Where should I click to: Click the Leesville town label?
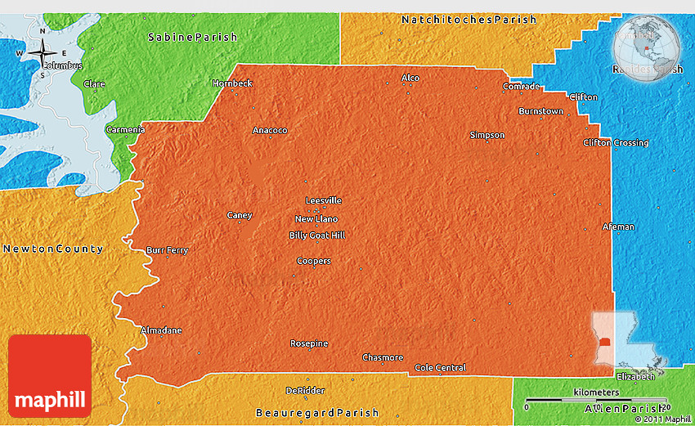pos(323,200)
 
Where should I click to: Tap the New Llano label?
pos(316,218)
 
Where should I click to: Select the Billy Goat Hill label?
pos(317,235)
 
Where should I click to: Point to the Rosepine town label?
pos(309,343)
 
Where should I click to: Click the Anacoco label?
pos(270,130)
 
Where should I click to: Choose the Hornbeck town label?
pos(232,83)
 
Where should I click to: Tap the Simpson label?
pos(487,135)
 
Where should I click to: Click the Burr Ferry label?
pos(167,250)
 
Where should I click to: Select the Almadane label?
pos(162,330)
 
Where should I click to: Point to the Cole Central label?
pos(440,367)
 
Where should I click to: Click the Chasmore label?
pos(383,357)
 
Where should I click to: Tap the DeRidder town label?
pos(299,390)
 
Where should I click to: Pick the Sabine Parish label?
pos(192,37)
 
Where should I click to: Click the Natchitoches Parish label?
pos(469,19)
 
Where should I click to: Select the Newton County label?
pos(52,249)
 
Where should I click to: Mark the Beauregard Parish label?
pos(317,412)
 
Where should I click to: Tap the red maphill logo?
pos(50,376)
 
